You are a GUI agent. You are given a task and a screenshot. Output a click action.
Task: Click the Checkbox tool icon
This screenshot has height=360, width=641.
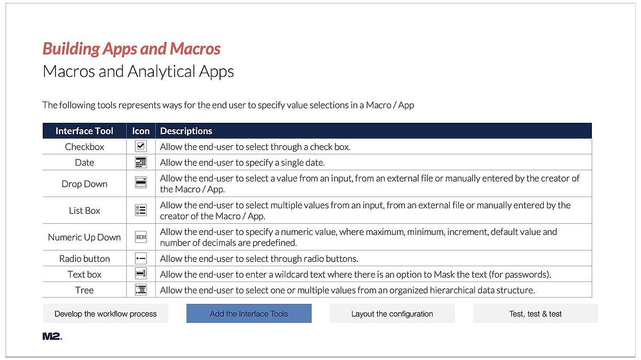(141, 146)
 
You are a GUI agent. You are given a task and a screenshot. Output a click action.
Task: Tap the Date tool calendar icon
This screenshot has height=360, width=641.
(141, 162)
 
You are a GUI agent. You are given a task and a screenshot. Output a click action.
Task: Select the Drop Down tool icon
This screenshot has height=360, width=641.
(141, 182)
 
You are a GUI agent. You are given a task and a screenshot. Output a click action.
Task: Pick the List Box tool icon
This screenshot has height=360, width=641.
(141, 210)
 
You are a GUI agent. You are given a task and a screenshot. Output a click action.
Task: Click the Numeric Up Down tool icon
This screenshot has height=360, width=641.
(141, 237)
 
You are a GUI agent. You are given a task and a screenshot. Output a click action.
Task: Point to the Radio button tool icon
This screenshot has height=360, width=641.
(141, 259)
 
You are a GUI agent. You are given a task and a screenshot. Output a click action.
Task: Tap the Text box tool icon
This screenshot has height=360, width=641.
(141, 274)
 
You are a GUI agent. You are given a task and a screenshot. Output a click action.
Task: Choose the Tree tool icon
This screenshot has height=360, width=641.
(141, 289)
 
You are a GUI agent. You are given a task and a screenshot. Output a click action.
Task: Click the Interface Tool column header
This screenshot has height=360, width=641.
(84, 131)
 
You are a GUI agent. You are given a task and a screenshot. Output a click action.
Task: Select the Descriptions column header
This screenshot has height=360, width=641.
(186, 131)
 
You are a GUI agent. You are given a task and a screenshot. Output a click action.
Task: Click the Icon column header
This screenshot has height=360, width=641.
(141, 131)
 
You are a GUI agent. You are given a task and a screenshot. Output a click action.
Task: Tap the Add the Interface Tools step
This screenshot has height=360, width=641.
(249, 314)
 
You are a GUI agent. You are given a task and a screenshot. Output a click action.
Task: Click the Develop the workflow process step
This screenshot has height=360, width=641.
(106, 314)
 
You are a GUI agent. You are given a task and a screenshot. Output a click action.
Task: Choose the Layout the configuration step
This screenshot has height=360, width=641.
(392, 314)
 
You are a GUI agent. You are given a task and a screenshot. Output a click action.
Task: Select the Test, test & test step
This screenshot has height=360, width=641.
(535, 314)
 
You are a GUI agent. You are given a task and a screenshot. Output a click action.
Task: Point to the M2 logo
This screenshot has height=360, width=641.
(52, 336)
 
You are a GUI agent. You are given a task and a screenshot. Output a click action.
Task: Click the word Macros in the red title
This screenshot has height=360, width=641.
(195, 49)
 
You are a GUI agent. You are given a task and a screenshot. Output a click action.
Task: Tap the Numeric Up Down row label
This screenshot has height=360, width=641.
(84, 237)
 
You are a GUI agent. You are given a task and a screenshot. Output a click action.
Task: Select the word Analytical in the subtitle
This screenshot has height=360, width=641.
(161, 72)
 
